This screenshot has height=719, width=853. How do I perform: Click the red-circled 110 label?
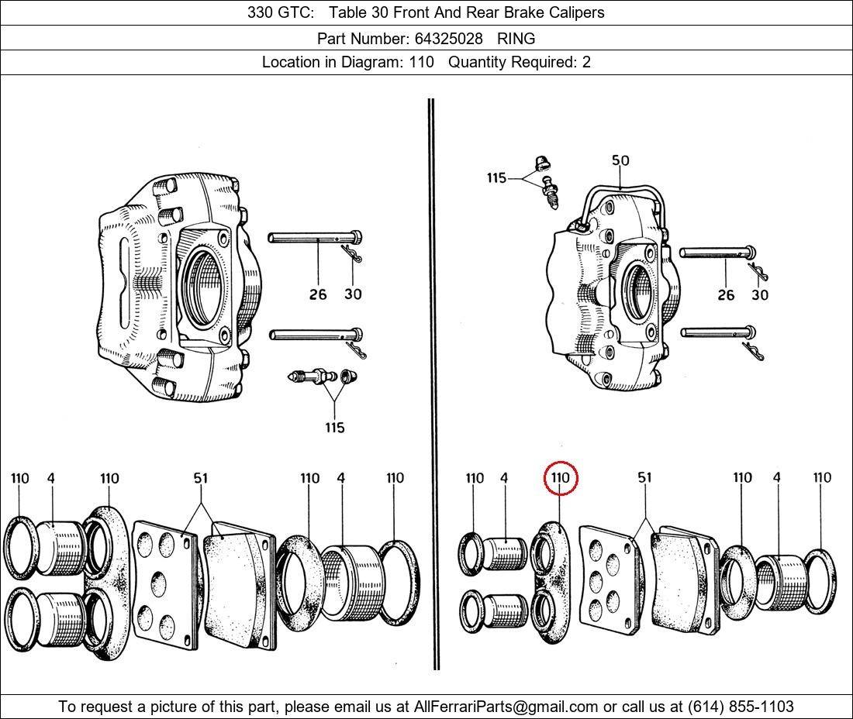point(561,478)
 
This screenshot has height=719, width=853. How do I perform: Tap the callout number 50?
point(620,161)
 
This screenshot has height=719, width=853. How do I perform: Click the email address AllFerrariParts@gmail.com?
point(506,707)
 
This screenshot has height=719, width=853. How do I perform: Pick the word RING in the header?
point(516,38)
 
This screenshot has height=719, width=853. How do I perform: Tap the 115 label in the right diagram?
point(496,178)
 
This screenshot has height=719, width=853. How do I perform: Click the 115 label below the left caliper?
point(334,428)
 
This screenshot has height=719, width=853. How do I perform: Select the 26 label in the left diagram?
point(318,294)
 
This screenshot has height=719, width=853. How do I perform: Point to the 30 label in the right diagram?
point(760,295)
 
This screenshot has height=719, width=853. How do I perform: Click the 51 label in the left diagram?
point(201,478)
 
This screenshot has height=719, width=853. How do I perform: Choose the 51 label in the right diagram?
point(644,478)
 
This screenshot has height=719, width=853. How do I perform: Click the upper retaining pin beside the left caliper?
point(314,237)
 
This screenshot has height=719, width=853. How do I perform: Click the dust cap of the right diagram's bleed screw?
point(542,163)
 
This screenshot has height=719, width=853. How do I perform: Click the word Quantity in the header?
point(478,63)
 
